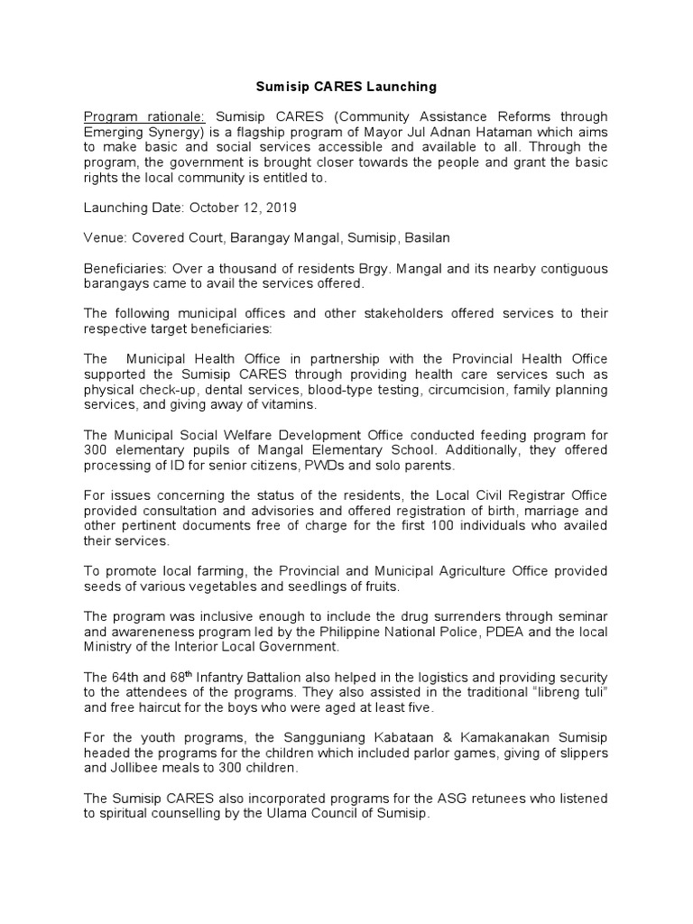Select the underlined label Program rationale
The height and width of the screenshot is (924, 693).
(144, 117)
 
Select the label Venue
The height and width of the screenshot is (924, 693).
(106, 237)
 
